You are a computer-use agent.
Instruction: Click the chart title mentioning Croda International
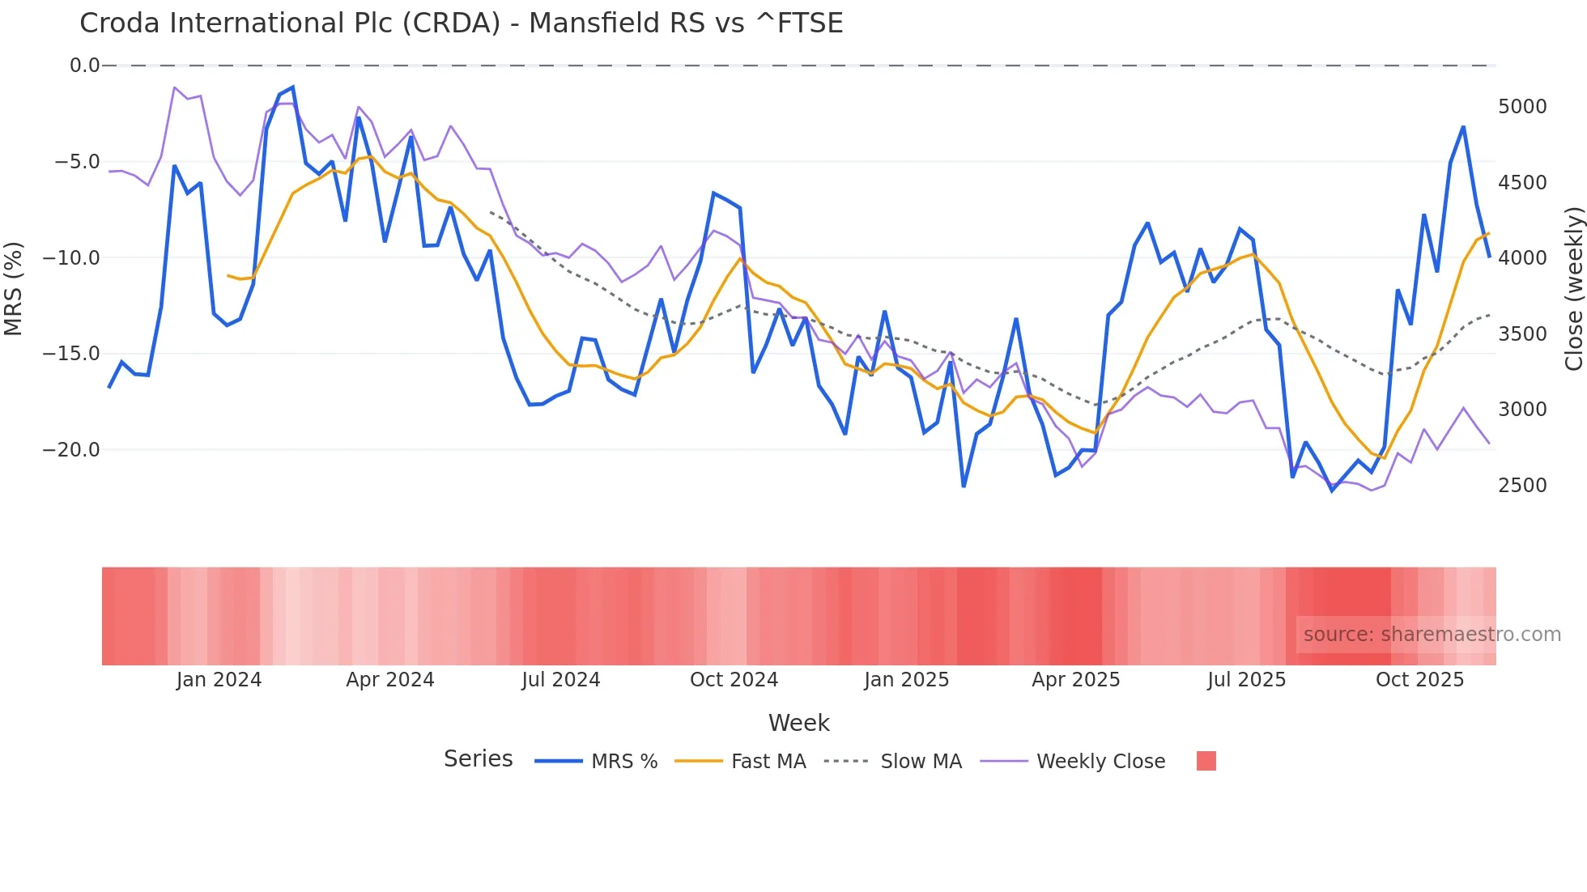461,23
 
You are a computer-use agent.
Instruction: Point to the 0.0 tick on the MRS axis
84,66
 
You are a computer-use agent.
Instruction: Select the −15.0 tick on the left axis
71,354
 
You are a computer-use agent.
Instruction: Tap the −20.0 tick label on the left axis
71,450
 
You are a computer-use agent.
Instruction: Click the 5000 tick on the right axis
1522,107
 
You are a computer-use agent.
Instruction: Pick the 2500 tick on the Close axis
1522,486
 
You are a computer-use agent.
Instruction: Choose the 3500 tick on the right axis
1522,334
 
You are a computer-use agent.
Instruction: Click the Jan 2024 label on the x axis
219,680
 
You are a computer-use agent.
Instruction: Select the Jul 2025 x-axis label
1246,680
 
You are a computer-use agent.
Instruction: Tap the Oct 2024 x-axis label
734,680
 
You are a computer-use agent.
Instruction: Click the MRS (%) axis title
14,288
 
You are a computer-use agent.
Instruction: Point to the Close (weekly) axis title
1573,288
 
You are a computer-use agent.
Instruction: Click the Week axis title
798,723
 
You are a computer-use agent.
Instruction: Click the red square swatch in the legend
1206,761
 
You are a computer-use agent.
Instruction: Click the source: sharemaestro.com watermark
1432,635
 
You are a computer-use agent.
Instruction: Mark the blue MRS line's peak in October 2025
1463,127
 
